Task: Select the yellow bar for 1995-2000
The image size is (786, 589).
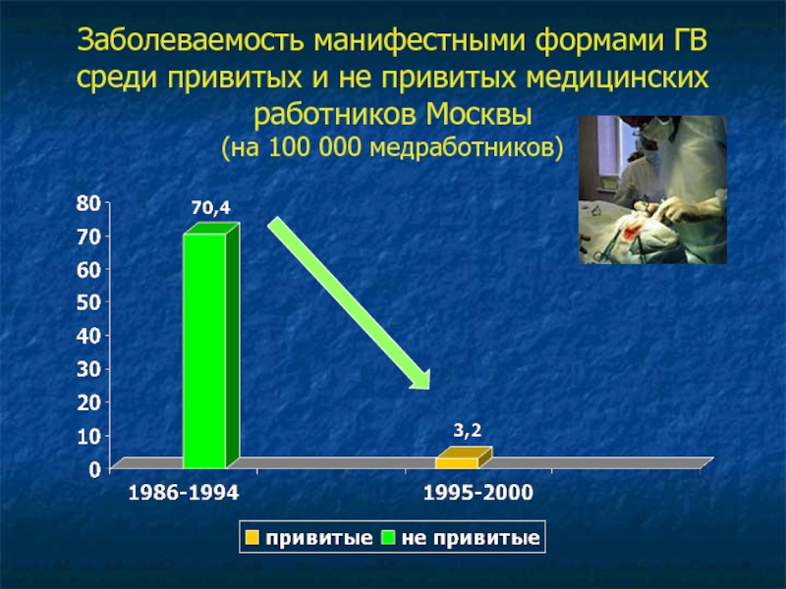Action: pos(464,458)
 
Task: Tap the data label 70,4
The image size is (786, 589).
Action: pos(211,207)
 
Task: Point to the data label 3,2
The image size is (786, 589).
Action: pos(468,430)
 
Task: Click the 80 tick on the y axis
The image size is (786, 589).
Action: pos(88,203)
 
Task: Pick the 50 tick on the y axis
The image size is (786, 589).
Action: pos(88,302)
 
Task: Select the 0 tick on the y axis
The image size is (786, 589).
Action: pos(95,469)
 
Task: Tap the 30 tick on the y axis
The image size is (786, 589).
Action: pos(88,369)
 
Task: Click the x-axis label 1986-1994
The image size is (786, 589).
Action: pos(184,493)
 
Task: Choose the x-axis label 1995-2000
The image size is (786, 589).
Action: pos(478,493)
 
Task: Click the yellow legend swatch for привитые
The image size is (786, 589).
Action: pos(253,537)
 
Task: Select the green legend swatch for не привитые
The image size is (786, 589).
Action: pos(388,537)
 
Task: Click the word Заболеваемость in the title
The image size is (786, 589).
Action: pos(191,40)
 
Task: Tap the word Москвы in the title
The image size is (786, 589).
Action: pos(478,115)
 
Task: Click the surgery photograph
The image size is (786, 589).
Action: pos(652,189)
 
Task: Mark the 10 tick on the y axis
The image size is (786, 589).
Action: pos(88,436)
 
